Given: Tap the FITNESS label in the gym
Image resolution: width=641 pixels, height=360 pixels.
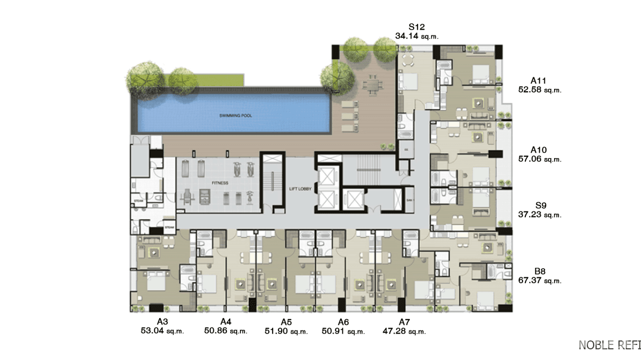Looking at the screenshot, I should point(220,183).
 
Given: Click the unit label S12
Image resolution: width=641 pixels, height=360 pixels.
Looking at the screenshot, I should point(417,27).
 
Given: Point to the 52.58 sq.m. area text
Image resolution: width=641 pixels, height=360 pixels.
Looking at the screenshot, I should point(539,89).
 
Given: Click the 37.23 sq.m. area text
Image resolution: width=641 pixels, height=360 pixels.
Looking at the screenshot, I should point(540,215).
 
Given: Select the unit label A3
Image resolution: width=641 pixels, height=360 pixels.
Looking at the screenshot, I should point(162,322).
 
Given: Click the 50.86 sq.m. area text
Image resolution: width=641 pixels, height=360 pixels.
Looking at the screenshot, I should point(225,331).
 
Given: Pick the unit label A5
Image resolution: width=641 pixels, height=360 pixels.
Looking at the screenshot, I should point(286,322).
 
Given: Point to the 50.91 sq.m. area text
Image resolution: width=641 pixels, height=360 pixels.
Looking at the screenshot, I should point(343,331).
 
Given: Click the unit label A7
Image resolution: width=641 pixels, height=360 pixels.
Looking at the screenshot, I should point(404,322).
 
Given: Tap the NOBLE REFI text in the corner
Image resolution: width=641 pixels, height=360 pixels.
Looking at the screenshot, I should point(609,345).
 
